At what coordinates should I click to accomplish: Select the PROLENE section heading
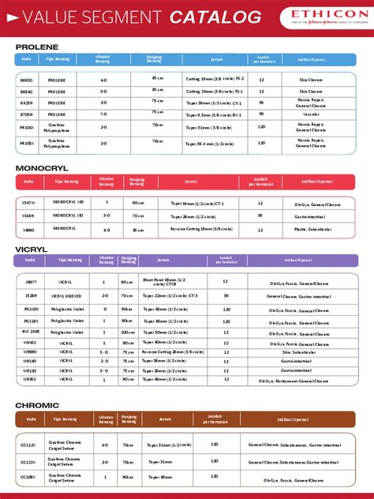point(37,47)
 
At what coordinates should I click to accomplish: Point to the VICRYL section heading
point(32,249)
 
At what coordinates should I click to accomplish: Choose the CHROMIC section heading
point(37,405)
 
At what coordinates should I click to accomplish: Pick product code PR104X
point(28,127)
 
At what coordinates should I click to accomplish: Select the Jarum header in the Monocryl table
point(191,182)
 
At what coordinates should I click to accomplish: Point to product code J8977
point(31,282)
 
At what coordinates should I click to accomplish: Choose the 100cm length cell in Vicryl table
point(127,332)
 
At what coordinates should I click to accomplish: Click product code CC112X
point(28,445)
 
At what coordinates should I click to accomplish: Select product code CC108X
point(28,478)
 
